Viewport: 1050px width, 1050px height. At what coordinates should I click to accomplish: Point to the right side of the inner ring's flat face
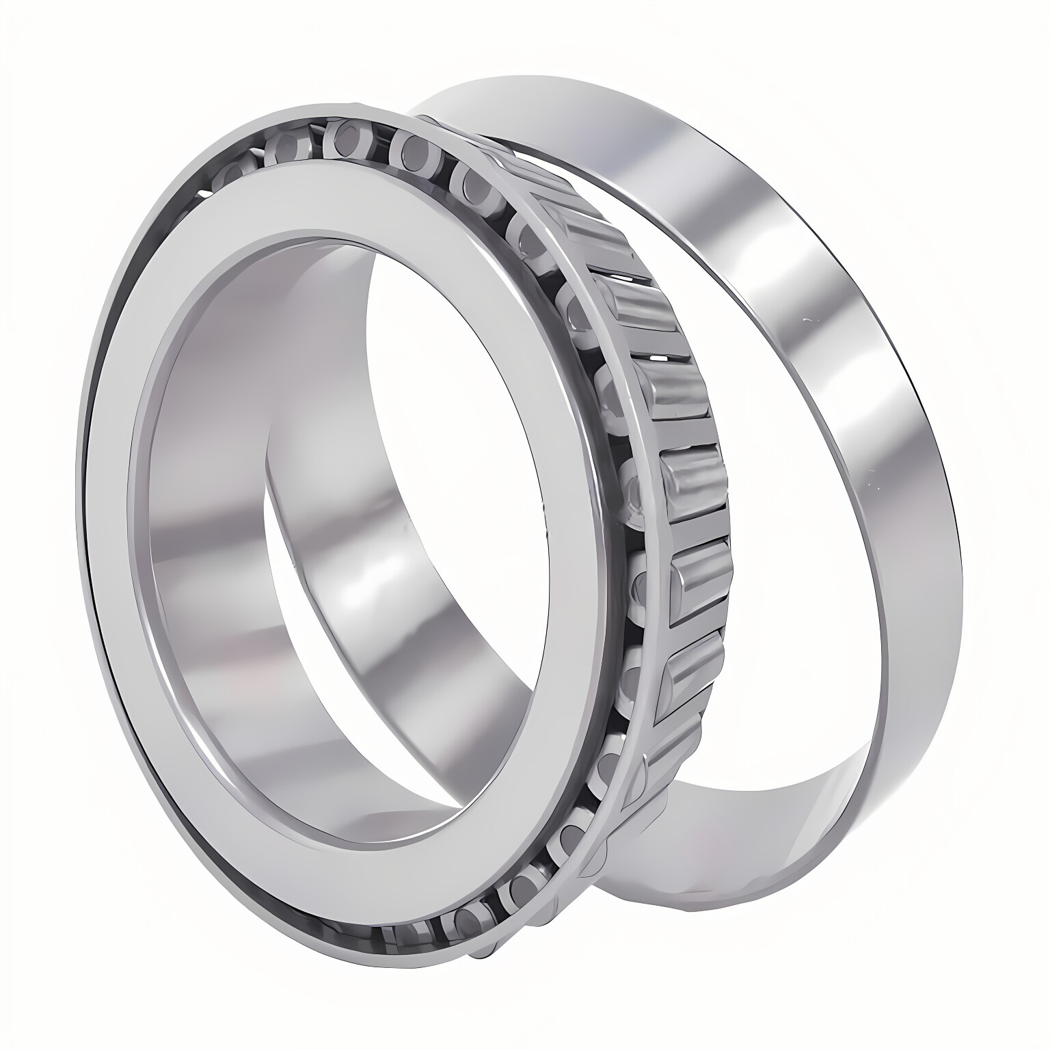coord(581,547)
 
